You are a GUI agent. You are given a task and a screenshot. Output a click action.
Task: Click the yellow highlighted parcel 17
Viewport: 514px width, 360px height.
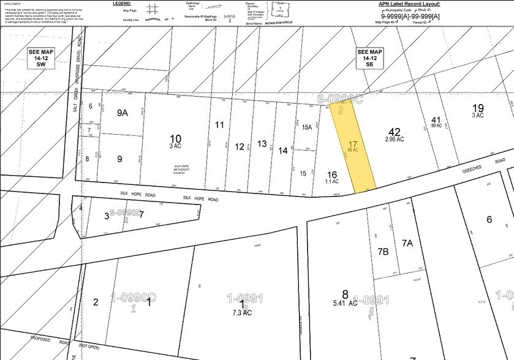coord(352,147)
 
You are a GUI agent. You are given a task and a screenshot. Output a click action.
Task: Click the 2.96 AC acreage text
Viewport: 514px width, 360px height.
coord(395,140)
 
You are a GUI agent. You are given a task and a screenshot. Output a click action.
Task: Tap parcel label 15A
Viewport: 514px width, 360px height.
coord(306,127)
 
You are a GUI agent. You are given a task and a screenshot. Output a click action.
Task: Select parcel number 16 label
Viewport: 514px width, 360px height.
coord(332,174)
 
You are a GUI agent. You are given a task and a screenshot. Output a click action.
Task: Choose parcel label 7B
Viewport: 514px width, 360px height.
coord(384,252)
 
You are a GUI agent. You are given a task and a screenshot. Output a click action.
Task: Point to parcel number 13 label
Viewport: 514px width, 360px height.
coord(262,144)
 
